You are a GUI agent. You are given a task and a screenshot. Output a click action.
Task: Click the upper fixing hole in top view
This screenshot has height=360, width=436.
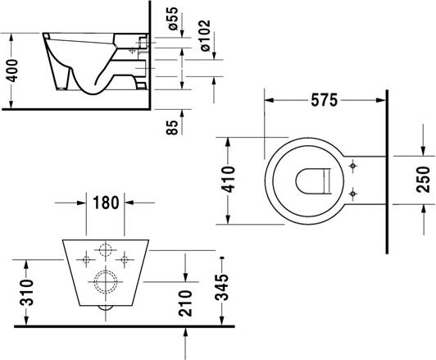click(x=352, y=167)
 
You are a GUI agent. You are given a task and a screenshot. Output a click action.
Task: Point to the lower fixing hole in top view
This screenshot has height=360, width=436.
click(x=352, y=194)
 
